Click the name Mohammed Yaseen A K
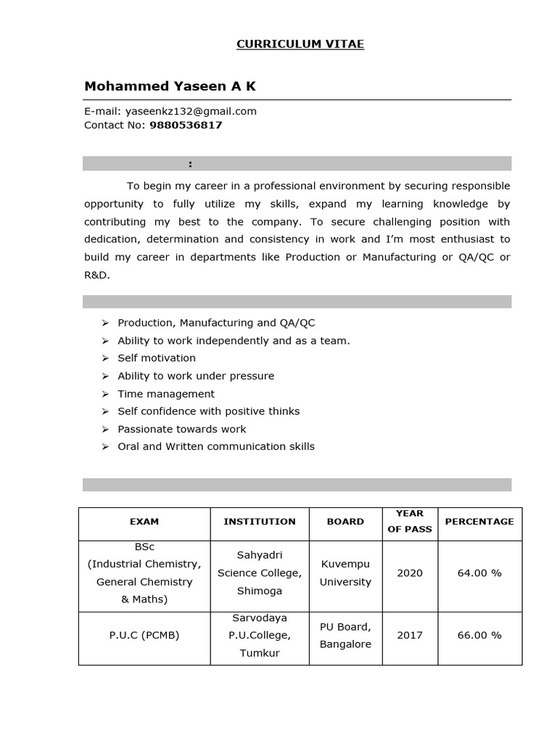tap(170, 86)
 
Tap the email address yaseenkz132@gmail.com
tap(191, 111)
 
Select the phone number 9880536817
tap(186, 125)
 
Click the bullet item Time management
tap(166, 393)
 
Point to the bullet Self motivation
tap(157, 358)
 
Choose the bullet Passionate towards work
tap(182, 429)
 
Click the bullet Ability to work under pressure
tap(196, 376)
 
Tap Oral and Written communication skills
tap(216, 446)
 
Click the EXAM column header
tap(144, 521)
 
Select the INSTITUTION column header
tap(260, 521)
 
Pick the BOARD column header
tap(345, 521)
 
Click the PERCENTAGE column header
tap(479, 521)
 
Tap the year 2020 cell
tap(410, 572)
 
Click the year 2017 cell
tap(410, 635)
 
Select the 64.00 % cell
tap(479, 572)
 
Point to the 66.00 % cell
tap(479, 635)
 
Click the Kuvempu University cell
tap(345, 572)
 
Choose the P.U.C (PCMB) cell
tap(144, 635)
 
